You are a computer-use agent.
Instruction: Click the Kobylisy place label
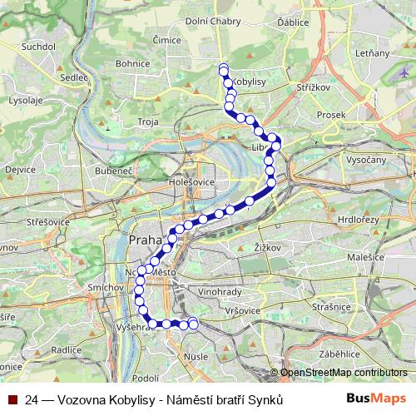247,82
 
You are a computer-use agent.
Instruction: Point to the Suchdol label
39,47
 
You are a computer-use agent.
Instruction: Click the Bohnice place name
133,62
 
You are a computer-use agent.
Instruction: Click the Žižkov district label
265,247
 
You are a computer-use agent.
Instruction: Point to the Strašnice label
332,306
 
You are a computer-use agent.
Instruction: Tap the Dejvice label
20,169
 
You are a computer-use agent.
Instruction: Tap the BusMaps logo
376,399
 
